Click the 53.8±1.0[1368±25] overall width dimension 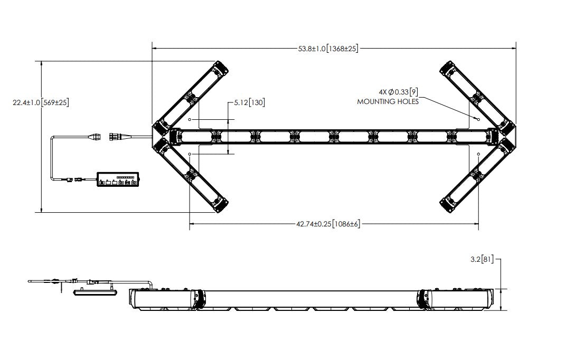click(x=328, y=49)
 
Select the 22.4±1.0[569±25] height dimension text click(x=41, y=102)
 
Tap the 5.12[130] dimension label click(x=249, y=103)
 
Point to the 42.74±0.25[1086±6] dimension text click(x=328, y=224)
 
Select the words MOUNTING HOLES click(x=388, y=102)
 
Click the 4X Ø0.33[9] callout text click(x=399, y=92)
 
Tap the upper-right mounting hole click(x=478, y=119)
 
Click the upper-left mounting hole click(x=190, y=119)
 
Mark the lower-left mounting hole click(x=190, y=154)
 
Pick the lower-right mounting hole click(x=478, y=154)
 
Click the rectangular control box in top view click(x=118, y=179)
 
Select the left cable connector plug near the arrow click(x=95, y=137)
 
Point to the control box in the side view click(x=95, y=292)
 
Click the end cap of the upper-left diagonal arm click(x=221, y=69)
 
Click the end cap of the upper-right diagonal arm click(x=448, y=69)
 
